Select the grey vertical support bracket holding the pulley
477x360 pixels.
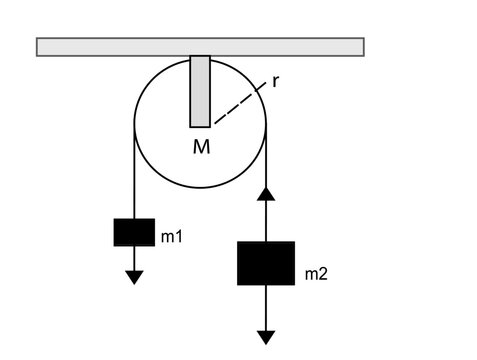[200, 91]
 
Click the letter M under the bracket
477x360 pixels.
[201, 147]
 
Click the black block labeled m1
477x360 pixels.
[133, 232]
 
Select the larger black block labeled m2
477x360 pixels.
[266, 263]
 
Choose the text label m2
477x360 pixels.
[314, 274]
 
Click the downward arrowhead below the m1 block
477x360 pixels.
[133, 276]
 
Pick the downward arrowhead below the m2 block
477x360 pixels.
[266, 337]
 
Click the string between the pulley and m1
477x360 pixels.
[133, 175]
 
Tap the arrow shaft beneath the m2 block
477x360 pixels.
[266, 305]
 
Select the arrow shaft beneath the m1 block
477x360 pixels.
[133, 257]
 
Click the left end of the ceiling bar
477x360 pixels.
[40, 46]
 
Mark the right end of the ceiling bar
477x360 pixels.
[360, 46]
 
